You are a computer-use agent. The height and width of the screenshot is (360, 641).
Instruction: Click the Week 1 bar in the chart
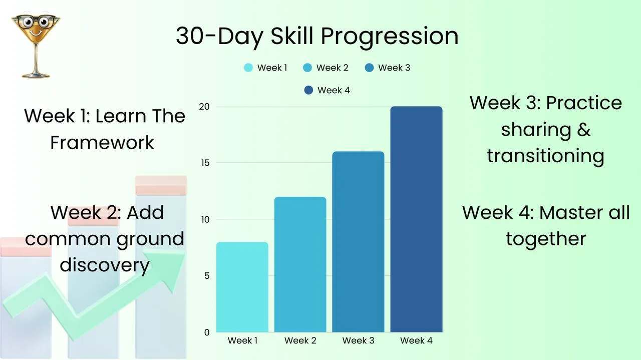click(242, 287)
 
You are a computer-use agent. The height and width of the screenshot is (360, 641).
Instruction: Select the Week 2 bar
click(300, 264)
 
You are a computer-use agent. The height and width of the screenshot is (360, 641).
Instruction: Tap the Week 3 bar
click(358, 242)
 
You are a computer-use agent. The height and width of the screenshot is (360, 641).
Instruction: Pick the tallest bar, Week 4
click(416, 219)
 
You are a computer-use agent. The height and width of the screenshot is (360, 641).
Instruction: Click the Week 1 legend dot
click(248, 68)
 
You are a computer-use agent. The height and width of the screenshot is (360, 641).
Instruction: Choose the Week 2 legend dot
click(307, 68)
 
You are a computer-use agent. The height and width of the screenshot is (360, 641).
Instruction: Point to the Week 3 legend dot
click(369, 68)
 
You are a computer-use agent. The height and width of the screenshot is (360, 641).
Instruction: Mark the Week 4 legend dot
click(308, 90)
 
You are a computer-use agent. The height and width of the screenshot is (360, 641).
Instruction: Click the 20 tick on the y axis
click(204, 107)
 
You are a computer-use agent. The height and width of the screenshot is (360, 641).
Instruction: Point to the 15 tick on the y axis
click(205, 163)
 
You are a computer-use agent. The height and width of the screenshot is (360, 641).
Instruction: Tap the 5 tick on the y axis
click(207, 276)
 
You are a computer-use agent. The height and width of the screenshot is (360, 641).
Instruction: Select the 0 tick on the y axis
click(207, 332)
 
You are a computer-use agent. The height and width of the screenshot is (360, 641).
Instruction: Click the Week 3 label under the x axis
click(358, 340)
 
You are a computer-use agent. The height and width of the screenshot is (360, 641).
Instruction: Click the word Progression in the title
click(390, 37)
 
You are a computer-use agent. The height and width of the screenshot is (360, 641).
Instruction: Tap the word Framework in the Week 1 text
click(102, 143)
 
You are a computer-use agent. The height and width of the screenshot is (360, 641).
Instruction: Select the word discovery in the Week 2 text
click(105, 265)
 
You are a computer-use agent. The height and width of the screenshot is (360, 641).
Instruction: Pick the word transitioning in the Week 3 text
click(546, 156)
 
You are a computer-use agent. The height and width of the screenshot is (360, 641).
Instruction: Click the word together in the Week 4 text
click(546, 239)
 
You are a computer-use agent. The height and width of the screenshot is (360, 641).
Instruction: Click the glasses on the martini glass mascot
click(36, 21)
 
